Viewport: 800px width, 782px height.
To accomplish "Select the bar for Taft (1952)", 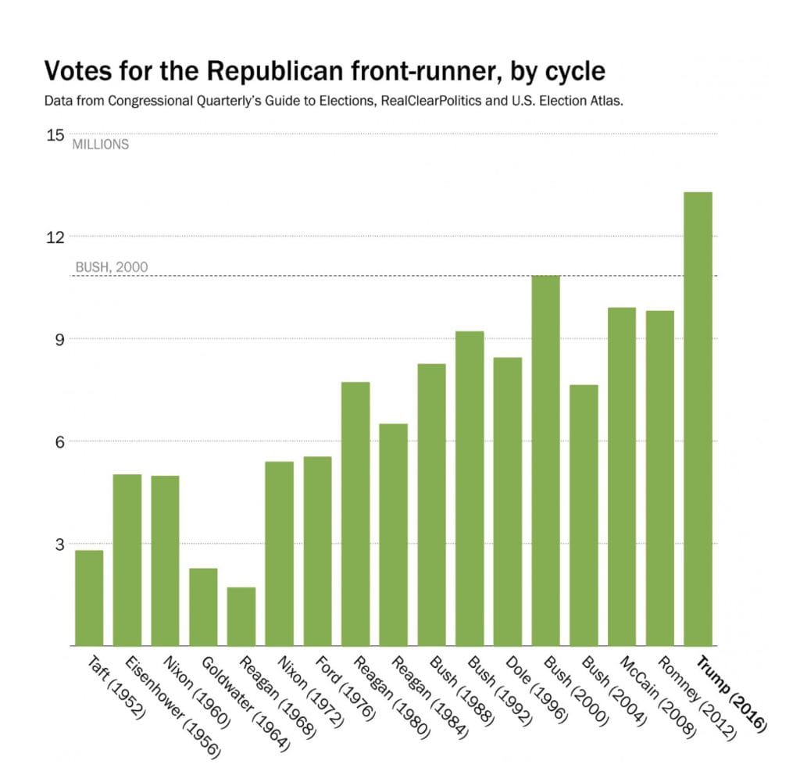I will (x=89, y=598).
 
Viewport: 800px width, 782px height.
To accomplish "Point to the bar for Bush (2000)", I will (x=545, y=460).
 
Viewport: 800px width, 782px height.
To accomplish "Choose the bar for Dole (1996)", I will (x=508, y=501).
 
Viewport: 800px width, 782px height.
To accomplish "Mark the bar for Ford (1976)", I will (x=317, y=551).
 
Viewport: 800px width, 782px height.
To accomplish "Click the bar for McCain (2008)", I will (x=622, y=477).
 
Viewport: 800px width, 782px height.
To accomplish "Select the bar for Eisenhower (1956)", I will (x=127, y=559).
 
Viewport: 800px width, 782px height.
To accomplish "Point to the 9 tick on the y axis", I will (x=58, y=339).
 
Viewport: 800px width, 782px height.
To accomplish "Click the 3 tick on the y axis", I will (x=58, y=544).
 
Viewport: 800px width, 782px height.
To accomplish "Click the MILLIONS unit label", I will (x=101, y=145).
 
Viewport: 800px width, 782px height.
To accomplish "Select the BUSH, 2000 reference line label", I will (x=111, y=267).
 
